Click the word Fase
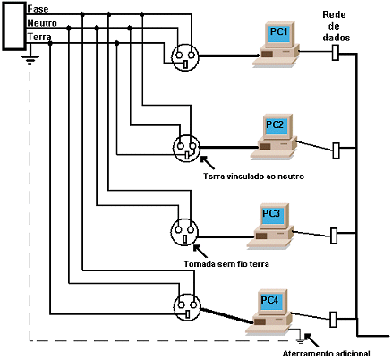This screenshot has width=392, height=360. click(38, 9)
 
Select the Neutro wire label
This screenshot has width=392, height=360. click(42, 23)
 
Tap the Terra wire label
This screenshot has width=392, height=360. click(39, 37)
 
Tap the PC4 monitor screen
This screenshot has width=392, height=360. click(271, 301)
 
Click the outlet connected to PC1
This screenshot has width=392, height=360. click(185, 57)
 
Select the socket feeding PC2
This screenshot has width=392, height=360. click(187, 148)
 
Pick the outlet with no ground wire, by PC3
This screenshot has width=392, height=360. click(184, 232)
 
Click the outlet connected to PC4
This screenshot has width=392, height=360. click(187, 307)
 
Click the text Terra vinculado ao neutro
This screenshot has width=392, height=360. click(253, 176)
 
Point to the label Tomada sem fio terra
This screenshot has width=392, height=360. click(226, 264)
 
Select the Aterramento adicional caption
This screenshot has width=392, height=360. click(326, 354)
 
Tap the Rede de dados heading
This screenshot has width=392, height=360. click(336, 26)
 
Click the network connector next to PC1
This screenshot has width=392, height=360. click(336, 53)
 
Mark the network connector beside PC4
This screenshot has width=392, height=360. click(333, 319)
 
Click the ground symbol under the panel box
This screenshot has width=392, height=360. click(30, 60)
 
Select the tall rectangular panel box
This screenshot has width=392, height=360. click(14, 26)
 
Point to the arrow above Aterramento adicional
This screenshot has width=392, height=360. click(311, 339)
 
